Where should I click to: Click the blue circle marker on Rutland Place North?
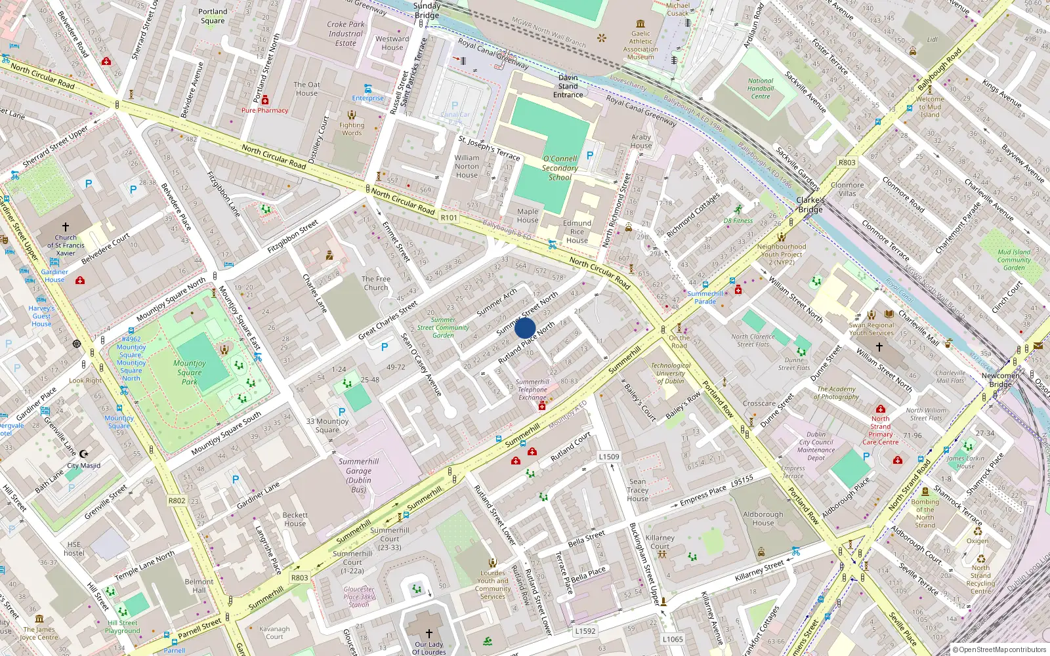point(525,328)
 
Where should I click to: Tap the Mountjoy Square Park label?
point(190,372)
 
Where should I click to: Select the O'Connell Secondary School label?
point(560,168)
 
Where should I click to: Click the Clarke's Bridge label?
point(810,205)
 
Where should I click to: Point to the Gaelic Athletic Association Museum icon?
point(640,24)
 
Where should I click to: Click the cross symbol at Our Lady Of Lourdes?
point(429,634)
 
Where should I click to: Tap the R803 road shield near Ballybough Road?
point(847,162)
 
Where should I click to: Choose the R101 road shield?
point(449,217)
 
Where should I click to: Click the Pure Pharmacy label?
point(264,110)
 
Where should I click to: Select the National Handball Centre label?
point(761,89)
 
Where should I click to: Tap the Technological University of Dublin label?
point(671,373)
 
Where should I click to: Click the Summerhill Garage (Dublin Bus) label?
point(358,476)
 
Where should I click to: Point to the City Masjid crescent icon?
point(83,454)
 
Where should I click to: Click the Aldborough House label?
point(763,518)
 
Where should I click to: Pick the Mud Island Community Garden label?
point(1014,260)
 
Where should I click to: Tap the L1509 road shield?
point(609,457)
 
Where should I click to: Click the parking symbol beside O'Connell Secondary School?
point(589,155)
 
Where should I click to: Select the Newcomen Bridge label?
point(1000,380)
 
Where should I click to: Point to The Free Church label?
point(376,283)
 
